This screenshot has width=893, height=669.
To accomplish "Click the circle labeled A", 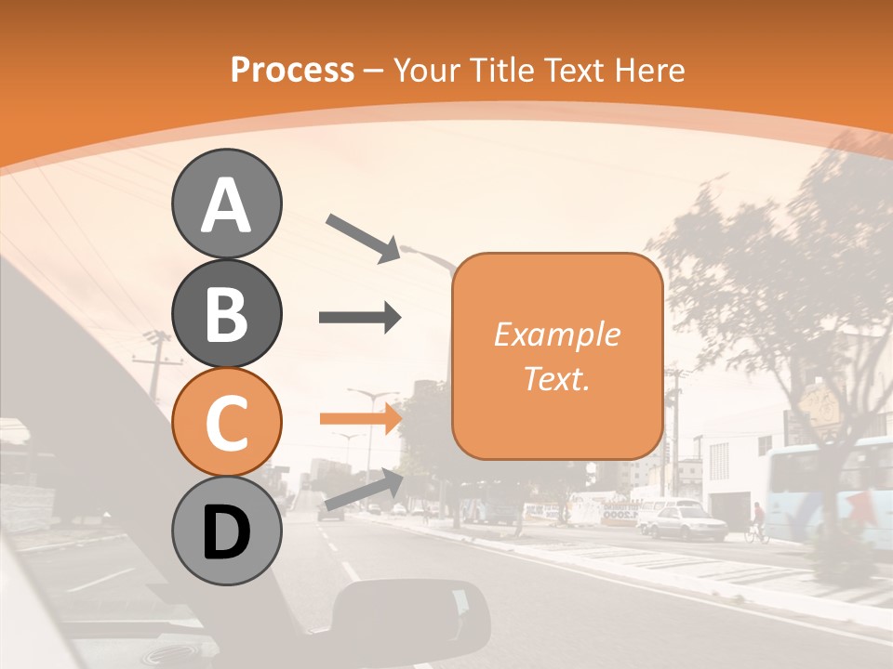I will (x=226, y=203).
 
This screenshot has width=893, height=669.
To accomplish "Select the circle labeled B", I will (x=226, y=313).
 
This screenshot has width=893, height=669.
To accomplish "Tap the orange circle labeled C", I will (x=226, y=422).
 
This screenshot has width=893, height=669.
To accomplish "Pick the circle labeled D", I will (x=226, y=531).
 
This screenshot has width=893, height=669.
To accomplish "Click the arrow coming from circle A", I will (x=362, y=237).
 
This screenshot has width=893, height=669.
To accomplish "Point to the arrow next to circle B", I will (x=359, y=318).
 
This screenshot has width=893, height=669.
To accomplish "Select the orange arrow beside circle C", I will (x=359, y=418).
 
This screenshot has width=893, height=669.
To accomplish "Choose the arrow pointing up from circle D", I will (x=364, y=489).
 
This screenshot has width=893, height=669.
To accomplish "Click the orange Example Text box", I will (x=556, y=356).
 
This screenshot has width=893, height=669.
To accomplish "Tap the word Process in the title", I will (x=292, y=70).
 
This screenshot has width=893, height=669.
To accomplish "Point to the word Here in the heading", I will (x=652, y=70).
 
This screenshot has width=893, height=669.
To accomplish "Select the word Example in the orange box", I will (x=556, y=334).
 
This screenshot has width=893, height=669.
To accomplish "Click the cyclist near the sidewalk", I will (x=757, y=523).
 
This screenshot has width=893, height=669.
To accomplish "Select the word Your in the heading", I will (x=427, y=70).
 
